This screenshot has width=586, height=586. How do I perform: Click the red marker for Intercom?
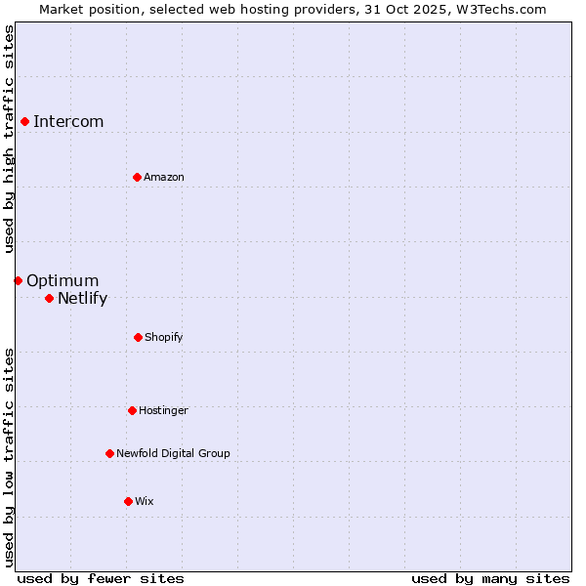click(24, 121)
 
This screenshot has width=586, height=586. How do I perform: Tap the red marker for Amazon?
click(137, 177)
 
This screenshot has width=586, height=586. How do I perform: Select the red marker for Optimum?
click(18, 280)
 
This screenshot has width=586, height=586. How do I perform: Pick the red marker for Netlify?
click(49, 298)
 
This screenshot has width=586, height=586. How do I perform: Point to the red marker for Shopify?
click(138, 337)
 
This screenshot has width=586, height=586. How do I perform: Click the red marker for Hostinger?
click(132, 410)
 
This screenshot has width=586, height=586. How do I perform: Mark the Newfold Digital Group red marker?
click(109, 453)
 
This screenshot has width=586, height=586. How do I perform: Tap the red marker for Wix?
click(128, 501)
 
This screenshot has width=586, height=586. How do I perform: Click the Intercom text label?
click(68, 121)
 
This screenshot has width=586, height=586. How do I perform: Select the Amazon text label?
click(164, 177)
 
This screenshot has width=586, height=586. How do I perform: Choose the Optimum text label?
click(63, 280)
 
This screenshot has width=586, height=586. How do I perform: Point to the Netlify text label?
click(83, 298)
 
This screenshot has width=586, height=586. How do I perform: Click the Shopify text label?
click(164, 337)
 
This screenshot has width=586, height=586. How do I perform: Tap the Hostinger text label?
click(163, 410)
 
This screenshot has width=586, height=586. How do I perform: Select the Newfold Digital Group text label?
click(173, 453)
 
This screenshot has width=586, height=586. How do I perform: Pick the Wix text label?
click(145, 501)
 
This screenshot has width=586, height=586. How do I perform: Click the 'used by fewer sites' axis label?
click(101, 578)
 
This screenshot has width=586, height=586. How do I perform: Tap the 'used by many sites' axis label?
click(490, 578)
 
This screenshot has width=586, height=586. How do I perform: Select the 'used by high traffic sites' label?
click(9, 139)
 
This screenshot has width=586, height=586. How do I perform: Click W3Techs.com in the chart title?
click(499, 9)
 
